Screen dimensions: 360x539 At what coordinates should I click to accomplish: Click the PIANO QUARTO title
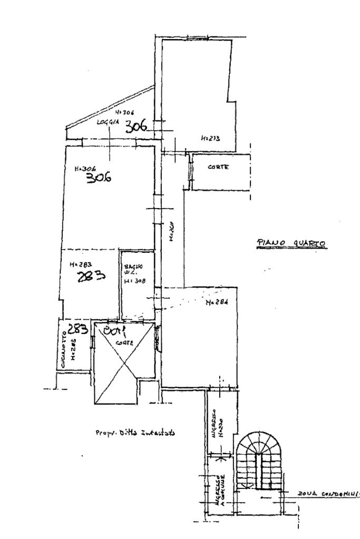coord(291,243)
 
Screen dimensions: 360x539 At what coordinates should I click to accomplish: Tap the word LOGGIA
coord(108,122)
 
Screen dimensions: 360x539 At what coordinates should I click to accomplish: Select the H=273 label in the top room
coord(210,139)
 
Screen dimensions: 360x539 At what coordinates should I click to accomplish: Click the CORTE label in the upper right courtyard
coord(221,167)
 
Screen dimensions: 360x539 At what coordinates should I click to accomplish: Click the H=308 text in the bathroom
coord(132,281)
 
